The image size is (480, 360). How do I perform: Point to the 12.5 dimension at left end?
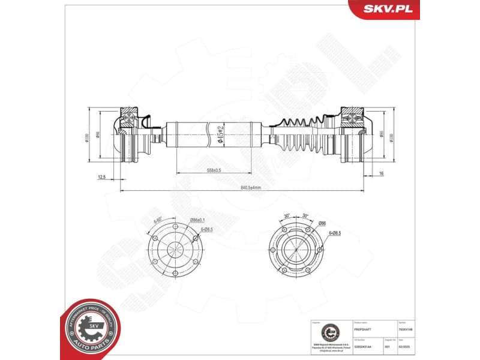pyautogui.click(x=101, y=177)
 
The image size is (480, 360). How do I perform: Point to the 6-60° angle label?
pyautogui.click(x=158, y=221)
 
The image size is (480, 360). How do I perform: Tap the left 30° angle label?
pyautogui.click(x=287, y=216)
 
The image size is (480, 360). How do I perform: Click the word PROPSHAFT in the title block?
pyautogui.click(x=364, y=329)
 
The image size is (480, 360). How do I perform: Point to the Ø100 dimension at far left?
pyautogui.click(x=87, y=137)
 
